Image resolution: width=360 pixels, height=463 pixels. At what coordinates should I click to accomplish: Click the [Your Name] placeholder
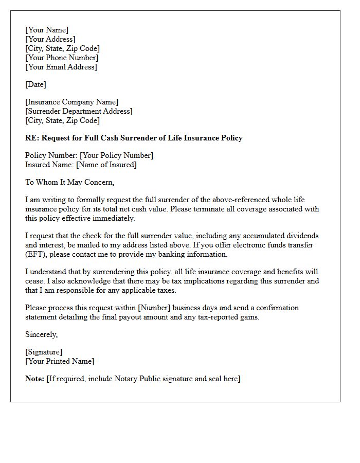coord(47,30)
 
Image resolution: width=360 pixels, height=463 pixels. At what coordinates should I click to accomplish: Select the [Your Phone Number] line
coord(62,58)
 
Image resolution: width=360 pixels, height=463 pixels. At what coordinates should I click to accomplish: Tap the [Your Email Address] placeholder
coord(61,67)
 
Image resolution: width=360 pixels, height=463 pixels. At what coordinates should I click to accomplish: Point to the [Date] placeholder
coord(35,84)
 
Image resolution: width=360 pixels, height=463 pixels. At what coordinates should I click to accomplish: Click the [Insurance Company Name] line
coord(71,102)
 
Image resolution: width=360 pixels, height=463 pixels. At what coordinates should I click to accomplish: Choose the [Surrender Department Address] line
coord(79,111)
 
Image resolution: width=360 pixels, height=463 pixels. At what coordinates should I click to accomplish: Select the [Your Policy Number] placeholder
coord(116,155)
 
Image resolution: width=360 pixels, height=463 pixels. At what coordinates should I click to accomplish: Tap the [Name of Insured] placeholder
coord(106,165)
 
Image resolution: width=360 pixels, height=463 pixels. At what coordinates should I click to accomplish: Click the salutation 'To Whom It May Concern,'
coord(69,182)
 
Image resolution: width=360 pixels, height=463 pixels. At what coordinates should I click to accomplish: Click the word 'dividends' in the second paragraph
coord(302,236)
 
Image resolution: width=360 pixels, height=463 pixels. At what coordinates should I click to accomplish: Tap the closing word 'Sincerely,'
coord(42,334)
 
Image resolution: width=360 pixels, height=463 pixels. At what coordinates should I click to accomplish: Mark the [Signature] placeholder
coord(44,352)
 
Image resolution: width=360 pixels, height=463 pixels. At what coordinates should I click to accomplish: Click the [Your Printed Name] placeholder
coord(60,361)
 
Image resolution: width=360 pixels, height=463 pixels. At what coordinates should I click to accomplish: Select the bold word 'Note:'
coord(34,379)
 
